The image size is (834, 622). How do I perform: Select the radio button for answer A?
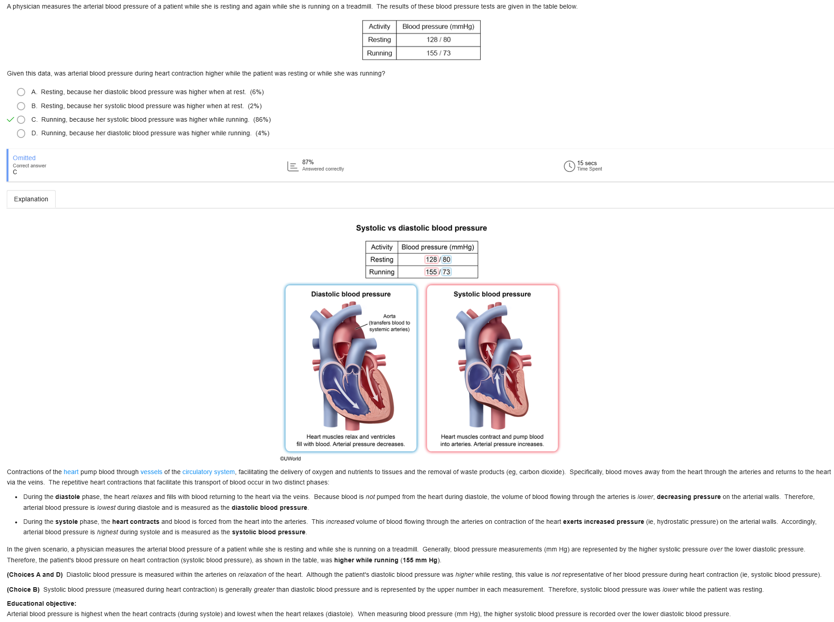pyautogui.click(x=21, y=92)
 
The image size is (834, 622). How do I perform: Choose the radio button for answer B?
pyautogui.click(x=21, y=106)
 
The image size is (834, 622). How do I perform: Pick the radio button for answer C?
pyautogui.click(x=21, y=120)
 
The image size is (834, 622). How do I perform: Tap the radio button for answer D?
pyautogui.click(x=21, y=133)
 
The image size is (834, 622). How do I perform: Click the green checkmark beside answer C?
pyautogui.click(x=10, y=120)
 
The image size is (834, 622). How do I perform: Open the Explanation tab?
pyautogui.click(x=31, y=199)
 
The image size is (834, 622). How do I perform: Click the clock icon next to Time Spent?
pyautogui.click(x=569, y=166)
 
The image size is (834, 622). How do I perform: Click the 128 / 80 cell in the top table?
pyautogui.click(x=438, y=40)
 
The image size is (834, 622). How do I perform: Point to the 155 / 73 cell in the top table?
pyautogui.click(x=438, y=53)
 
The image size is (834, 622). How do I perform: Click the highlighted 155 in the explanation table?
pyautogui.click(x=431, y=272)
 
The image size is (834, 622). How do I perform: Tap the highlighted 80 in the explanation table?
pyautogui.click(x=446, y=260)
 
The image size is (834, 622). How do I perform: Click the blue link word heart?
pyautogui.click(x=71, y=472)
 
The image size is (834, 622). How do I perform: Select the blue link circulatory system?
pyautogui.click(x=208, y=472)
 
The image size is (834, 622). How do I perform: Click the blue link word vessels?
pyautogui.click(x=151, y=472)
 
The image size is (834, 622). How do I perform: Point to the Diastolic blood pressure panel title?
pyautogui.click(x=351, y=294)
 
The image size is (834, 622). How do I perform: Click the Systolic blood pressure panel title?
pyautogui.click(x=492, y=294)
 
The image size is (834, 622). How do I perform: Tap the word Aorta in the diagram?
pyautogui.click(x=389, y=316)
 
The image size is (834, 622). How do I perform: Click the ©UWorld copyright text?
pyautogui.click(x=290, y=459)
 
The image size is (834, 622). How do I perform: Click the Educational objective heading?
pyautogui.click(x=42, y=604)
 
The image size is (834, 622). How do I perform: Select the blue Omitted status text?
pyautogui.click(x=24, y=158)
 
